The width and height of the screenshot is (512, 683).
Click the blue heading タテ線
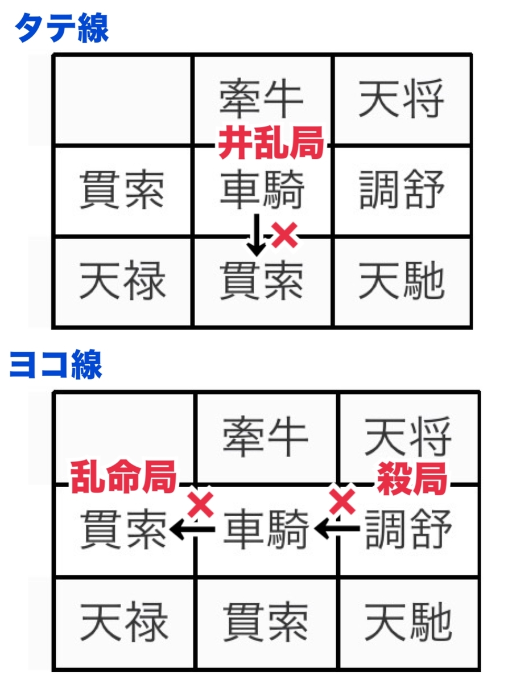pos(61,28)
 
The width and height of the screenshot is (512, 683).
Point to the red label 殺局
pos(412,478)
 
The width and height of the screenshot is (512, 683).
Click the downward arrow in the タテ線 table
pos(257,234)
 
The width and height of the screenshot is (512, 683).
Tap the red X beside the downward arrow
pos(285,235)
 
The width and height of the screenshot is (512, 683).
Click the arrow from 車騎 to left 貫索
pos(192,528)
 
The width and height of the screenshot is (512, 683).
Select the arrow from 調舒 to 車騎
pos(337,528)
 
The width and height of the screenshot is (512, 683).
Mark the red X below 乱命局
pos(200,505)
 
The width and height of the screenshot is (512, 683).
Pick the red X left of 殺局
pos(342,501)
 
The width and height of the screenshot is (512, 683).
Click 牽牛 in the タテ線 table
pos(262,99)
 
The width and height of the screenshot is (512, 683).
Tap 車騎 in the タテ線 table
pos(262,189)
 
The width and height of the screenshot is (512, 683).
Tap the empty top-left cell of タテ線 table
pos(123,100)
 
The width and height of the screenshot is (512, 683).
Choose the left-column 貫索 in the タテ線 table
pos(122,190)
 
